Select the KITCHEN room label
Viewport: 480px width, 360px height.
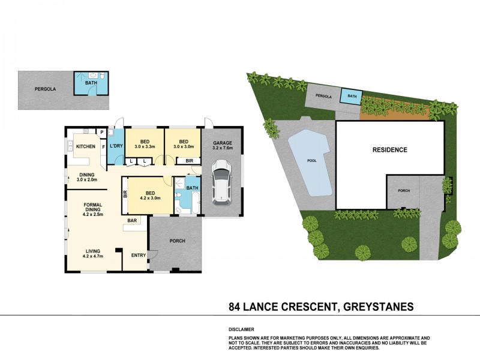pos(86,146)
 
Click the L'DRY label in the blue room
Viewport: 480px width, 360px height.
pos(116,147)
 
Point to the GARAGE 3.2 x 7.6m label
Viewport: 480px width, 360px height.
pos(221,146)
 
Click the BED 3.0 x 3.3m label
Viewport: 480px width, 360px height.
pos(145,144)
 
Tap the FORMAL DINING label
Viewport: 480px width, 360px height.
pos(93,209)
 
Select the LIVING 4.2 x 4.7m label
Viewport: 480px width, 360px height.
pos(92,254)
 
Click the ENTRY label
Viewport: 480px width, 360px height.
pos(139,256)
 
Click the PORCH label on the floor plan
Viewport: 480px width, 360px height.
pos(177,241)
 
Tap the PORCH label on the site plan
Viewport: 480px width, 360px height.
pos(404,191)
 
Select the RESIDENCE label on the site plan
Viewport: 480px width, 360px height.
pos(389,149)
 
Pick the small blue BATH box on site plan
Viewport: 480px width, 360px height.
pos(350,96)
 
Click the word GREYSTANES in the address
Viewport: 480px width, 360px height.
pos(377,307)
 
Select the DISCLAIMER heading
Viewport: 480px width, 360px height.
pos(242,329)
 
